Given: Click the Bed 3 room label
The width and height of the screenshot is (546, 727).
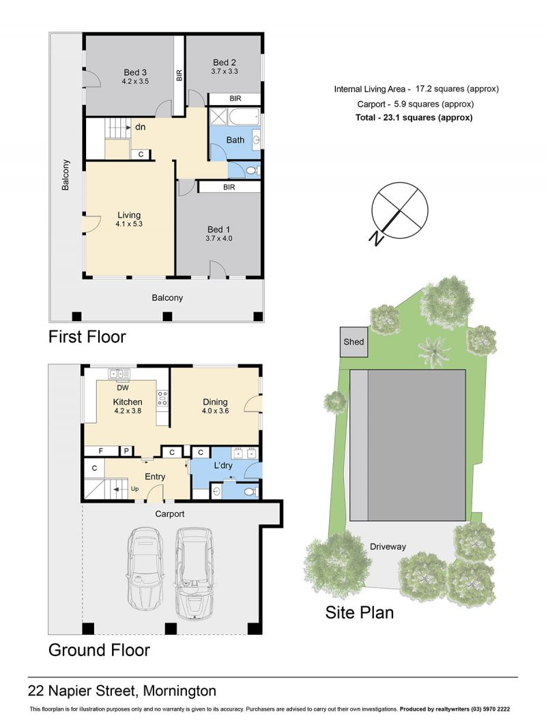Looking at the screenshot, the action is [135, 72].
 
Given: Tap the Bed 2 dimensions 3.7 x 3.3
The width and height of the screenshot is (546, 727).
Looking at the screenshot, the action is [225, 72].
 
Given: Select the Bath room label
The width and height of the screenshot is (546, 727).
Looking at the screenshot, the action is [235, 140].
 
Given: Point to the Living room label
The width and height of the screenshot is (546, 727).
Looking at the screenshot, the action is [129, 215].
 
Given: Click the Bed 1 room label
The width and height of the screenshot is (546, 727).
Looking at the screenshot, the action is [218, 230].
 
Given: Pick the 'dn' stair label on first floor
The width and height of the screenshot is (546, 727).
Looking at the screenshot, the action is [140, 127].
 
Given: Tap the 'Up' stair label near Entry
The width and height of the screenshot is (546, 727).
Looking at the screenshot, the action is [134, 489].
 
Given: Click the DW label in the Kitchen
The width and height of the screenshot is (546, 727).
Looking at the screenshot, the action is [122, 387].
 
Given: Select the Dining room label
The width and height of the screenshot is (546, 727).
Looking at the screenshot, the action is [215, 402].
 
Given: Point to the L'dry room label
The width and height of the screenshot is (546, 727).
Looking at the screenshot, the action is [223, 465].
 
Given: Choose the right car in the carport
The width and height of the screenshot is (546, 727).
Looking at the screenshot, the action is [195, 573].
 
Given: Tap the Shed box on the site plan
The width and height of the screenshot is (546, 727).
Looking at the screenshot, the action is [354, 342].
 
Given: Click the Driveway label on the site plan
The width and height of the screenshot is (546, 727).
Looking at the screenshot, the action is [388, 547].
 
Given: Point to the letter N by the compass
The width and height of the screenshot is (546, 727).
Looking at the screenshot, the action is [376, 238].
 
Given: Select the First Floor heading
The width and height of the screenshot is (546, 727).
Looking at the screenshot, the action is [87, 337].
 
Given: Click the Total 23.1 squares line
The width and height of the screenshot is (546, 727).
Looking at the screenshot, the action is [414, 117].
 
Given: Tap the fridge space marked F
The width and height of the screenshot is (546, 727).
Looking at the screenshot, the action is [100, 451].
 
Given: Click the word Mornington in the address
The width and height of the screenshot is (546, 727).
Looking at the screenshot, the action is [179, 691].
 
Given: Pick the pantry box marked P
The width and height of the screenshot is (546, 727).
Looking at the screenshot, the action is [126, 451].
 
